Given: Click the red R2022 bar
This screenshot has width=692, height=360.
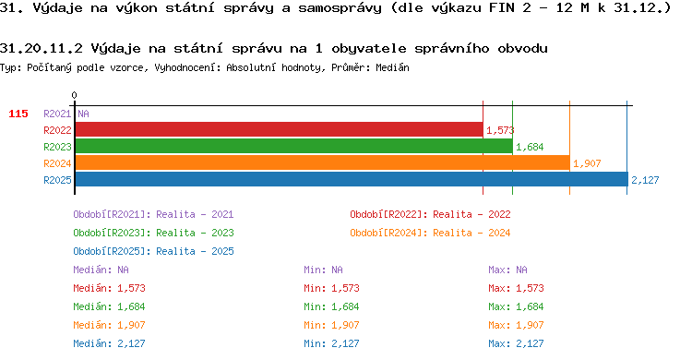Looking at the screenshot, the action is pos(279,130).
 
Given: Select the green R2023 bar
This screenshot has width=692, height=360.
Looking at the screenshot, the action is pos(294,146).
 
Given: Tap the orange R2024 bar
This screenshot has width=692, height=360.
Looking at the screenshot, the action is pos(323,162).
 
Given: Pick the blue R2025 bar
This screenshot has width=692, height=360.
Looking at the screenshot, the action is pos(352,179).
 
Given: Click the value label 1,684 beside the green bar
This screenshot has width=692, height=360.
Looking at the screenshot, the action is pos(530,147).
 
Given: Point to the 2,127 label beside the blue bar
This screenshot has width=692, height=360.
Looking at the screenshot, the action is pos(645,180).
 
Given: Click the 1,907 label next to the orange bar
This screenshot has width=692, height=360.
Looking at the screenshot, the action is pos(587,163).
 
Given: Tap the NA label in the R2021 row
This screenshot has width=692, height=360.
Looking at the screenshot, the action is pos(83,114).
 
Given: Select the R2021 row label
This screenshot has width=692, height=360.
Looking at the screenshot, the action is pos(57,114).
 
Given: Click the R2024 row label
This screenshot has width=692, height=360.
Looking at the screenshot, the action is pos(57,163).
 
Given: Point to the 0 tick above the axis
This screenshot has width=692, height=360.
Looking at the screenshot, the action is pos(74,95).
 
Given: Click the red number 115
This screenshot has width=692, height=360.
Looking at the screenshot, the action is pos(18,114).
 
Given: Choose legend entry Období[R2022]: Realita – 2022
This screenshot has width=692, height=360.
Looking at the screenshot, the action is pos(430,214).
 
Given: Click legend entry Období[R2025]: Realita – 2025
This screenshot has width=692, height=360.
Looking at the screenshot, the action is pos(153,251).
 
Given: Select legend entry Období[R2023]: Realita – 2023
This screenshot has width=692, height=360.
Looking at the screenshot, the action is pos(153,233).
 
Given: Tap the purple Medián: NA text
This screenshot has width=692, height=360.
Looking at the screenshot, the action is pos(101,270).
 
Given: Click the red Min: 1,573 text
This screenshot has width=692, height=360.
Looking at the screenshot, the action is pos(331,288).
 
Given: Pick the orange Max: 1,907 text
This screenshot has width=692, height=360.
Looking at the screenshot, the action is pos(516,325).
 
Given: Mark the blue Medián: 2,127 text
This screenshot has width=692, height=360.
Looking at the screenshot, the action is pos(109,343).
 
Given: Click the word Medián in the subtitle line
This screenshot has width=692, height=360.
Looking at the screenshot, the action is pos(392,67).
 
